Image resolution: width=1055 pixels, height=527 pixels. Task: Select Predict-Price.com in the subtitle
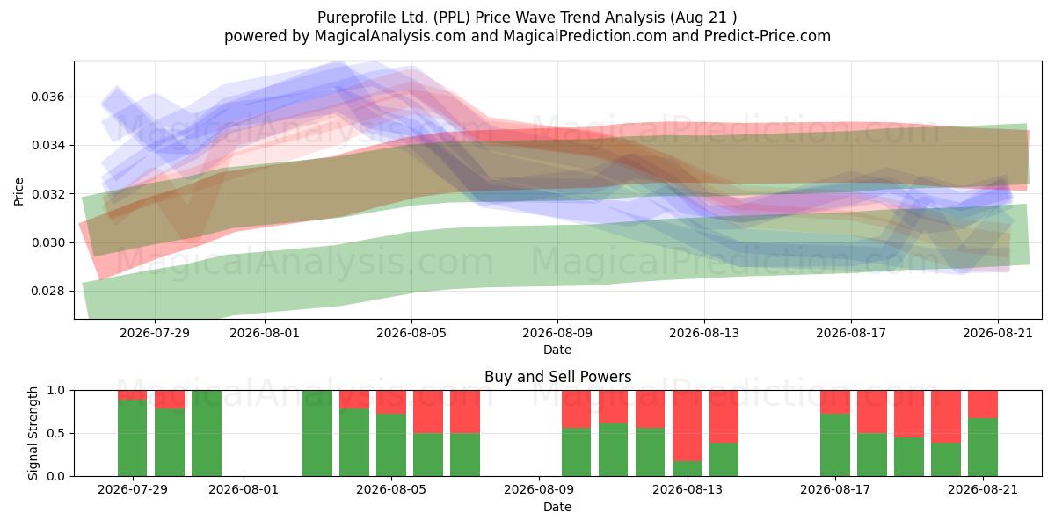tap(768, 36)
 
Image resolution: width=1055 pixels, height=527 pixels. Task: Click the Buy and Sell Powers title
tap(557, 377)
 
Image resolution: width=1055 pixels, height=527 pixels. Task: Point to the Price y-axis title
tap(18, 191)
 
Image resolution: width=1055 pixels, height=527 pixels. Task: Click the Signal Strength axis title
tap(33, 433)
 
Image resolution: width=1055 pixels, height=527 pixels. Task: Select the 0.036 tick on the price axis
tap(47, 97)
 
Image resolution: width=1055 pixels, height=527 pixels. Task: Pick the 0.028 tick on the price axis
tap(47, 292)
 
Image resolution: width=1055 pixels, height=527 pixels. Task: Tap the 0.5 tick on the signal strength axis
tap(56, 433)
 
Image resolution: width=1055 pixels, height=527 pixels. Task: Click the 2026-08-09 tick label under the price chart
tap(557, 333)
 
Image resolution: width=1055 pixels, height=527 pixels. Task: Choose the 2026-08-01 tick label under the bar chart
tap(244, 489)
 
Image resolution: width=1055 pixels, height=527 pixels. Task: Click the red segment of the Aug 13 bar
tap(687, 425)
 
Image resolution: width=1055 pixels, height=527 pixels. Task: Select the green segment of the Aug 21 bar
tap(983, 447)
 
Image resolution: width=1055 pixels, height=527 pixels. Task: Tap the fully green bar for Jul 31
tap(207, 433)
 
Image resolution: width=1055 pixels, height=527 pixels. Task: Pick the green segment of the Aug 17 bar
tap(835, 445)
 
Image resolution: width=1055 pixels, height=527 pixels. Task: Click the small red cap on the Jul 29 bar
tap(133, 394)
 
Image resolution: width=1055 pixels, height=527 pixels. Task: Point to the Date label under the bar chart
tap(557, 507)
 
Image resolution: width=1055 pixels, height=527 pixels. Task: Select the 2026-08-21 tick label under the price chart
tap(998, 333)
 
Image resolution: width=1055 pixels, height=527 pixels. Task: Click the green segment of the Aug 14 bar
tap(724, 459)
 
